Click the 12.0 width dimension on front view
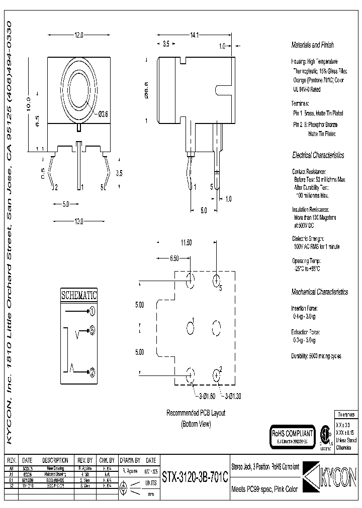coord(78,36)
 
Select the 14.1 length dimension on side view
coord(194,36)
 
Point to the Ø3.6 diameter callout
coord(102,115)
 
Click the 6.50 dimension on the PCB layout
coord(174,258)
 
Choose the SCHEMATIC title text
coord(79,295)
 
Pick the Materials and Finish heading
coord(312,45)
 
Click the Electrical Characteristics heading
coord(318,156)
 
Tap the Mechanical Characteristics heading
coord(319,292)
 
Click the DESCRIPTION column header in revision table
coord(55,460)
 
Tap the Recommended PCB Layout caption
coord(196,413)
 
